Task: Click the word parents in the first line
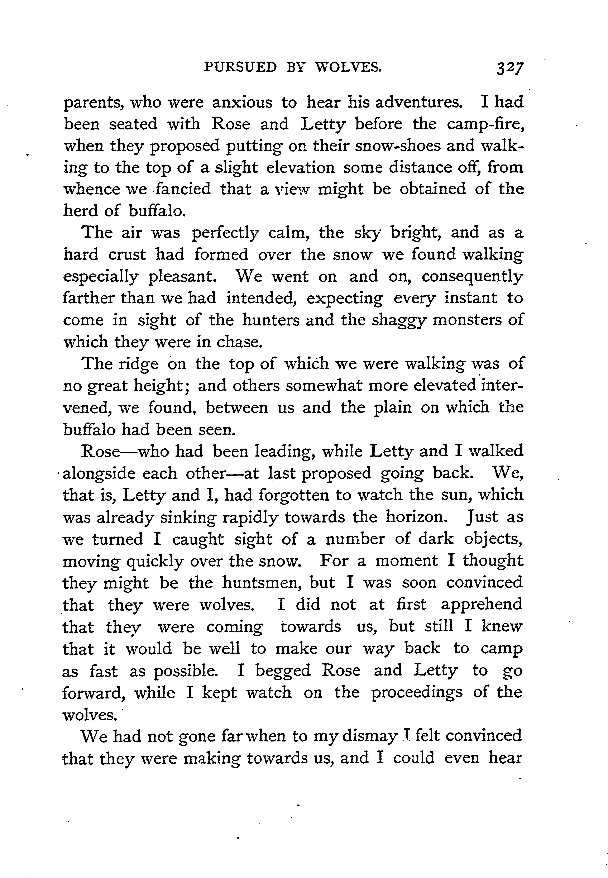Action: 93,103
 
